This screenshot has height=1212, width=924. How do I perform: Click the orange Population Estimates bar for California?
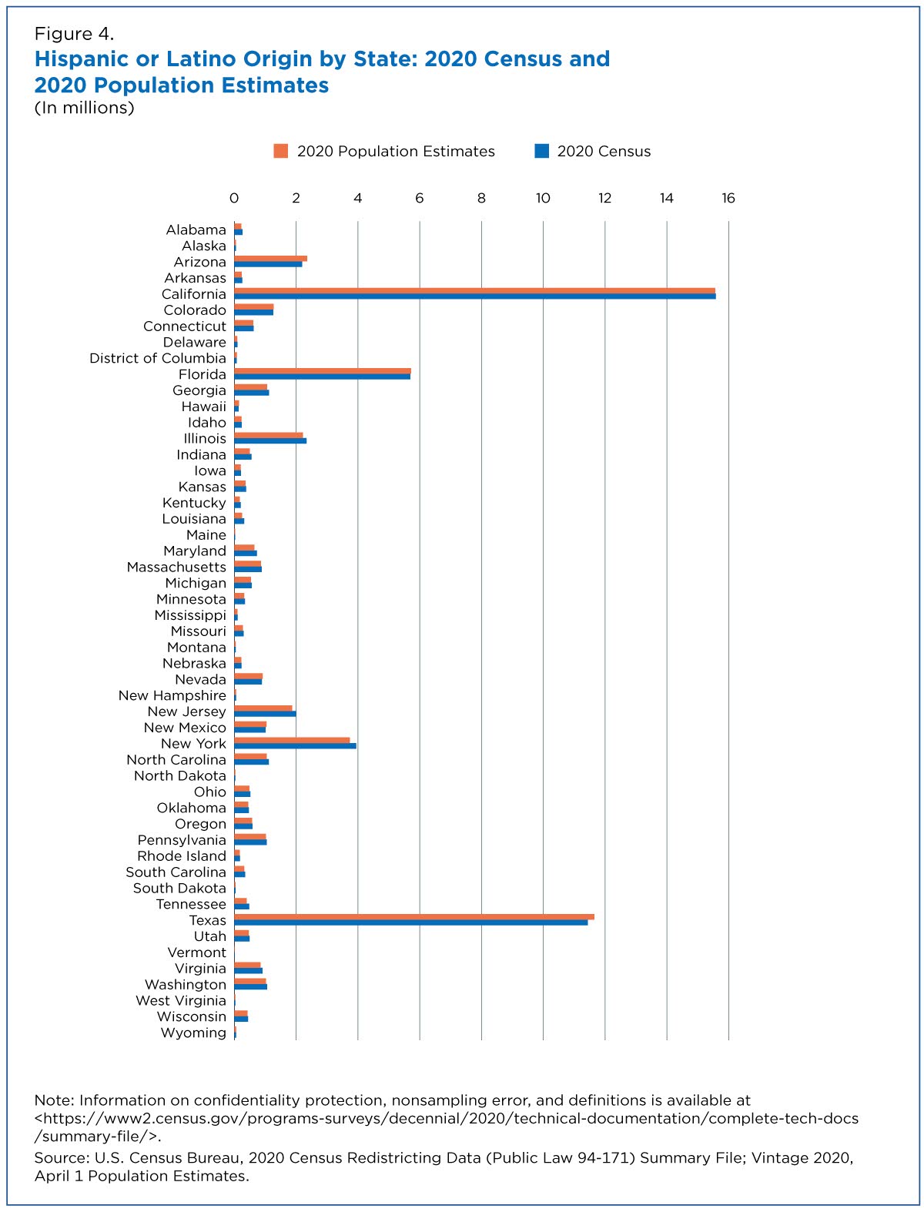474,290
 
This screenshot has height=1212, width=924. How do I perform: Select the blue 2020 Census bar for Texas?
410,922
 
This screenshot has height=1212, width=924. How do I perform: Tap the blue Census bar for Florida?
322,377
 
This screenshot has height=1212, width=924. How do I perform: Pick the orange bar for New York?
291,740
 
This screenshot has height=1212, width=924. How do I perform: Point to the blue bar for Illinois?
270,440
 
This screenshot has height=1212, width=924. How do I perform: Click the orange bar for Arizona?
270,259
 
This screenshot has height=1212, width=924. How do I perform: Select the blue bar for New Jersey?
265,713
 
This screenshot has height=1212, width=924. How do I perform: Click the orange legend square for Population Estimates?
280,151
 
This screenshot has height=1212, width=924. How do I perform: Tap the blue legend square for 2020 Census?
541,151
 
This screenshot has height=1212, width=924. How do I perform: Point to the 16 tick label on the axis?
728,198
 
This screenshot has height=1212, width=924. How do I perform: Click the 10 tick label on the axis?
543,198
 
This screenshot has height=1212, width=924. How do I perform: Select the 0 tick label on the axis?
234,198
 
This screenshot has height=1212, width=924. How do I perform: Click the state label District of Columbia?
158,358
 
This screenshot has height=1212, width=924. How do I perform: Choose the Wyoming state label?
193,1033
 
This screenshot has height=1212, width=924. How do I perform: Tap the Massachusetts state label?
176,567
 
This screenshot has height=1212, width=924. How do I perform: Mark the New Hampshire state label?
172,696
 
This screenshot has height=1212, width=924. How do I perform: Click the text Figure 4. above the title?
74,34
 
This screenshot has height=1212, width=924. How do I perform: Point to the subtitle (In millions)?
85,108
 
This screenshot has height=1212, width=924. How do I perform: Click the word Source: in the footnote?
62,1157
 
